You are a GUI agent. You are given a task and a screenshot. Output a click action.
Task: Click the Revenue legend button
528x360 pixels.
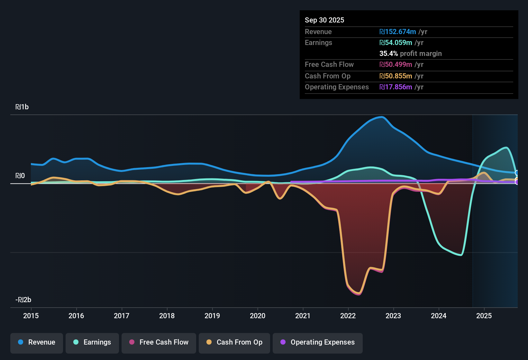(37, 342)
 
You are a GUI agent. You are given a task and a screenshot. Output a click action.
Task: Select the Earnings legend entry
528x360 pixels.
(92, 342)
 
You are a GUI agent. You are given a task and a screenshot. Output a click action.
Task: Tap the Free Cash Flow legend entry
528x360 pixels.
(159, 342)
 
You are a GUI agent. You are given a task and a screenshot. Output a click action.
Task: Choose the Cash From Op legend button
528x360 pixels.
(234, 342)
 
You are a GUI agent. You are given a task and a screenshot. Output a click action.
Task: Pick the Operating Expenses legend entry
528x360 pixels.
(318, 342)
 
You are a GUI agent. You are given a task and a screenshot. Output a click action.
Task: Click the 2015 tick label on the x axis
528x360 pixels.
(31, 316)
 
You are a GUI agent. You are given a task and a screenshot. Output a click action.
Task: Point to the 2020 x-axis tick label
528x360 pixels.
(258, 316)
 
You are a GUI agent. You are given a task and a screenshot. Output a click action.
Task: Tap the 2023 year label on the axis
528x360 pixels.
(393, 316)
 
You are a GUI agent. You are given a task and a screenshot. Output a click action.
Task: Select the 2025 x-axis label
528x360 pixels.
(484, 316)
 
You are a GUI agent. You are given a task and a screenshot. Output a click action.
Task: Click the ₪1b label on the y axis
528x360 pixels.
(22, 107)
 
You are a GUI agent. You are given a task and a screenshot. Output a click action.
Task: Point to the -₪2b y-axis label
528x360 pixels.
(23, 300)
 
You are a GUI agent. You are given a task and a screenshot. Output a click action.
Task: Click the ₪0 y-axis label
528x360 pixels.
(20, 176)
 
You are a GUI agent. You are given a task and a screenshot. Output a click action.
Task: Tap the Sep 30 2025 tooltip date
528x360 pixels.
(324, 20)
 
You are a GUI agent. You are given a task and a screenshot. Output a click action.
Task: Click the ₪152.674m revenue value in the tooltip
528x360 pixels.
(398, 32)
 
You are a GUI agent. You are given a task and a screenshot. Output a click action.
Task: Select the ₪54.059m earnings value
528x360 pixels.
(396, 42)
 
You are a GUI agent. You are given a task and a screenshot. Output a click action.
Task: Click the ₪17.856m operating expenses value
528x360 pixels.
(396, 87)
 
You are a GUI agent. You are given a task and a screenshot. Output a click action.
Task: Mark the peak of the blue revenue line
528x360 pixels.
(382, 117)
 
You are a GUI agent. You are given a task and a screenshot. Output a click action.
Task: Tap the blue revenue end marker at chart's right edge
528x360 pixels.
(517, 173)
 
